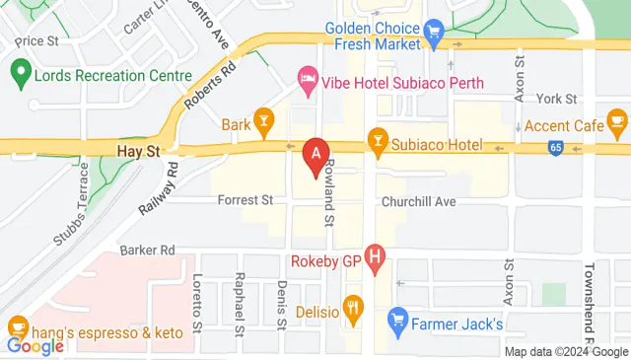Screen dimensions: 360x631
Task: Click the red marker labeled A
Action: [315, 156]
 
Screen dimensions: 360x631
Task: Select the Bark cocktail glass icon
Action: [263, 123]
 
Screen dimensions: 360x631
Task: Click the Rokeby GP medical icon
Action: [375, 259]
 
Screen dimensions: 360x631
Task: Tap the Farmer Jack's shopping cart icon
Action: [398, 320]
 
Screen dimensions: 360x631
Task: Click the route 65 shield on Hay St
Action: [557, 148]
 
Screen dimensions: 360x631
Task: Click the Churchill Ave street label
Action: [419, 201]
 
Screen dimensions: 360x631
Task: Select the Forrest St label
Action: [245, 200]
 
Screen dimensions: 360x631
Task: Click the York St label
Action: [555, 99]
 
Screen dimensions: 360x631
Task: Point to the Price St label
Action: [38, 40]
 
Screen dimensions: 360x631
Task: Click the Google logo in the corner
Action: [35, 346]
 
